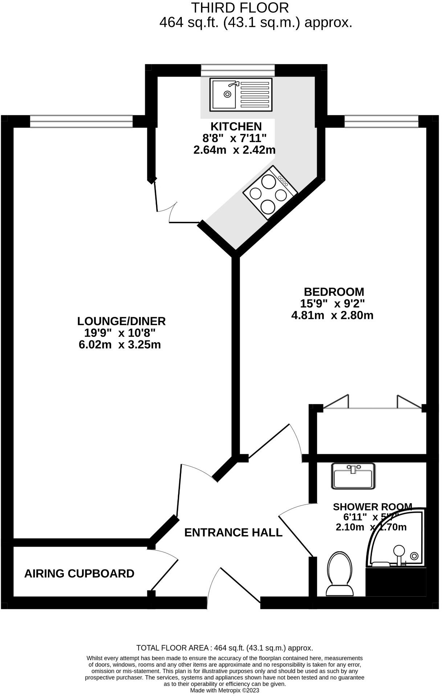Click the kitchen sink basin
click(x=223, y=95)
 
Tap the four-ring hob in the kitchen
click(x=270, y=193)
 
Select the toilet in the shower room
click(x=340, y=574)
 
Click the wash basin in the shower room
click(x=353, y=476)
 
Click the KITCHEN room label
click(x=236, y=127)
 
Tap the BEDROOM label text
click(x=334, y=292)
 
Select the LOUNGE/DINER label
click(x=121, y=321)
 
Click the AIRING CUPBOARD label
click(x=79, y=574)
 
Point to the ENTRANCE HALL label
click(x=233, y=533)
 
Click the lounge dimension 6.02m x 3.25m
click(x=120, y=344)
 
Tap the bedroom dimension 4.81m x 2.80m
click(x=332, y=315)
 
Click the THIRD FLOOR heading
click(x=240, y=8)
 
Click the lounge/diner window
click(x=81, y=121)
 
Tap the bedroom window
click(x=381, y=121)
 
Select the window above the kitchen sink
click(x=238, y=70)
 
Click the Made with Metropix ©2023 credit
click(x=225, y=691)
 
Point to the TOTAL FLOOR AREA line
click(x=225, y=648)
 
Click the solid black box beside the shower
click(x=396, y=582)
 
